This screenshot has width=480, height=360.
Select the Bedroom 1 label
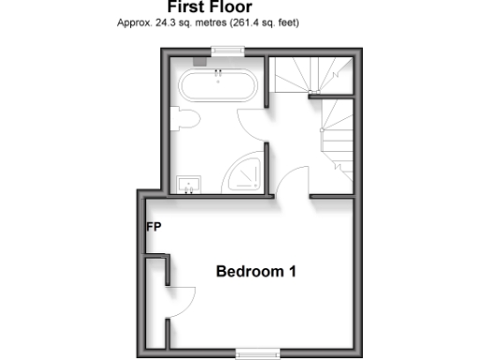256,273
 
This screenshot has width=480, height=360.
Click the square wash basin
188,184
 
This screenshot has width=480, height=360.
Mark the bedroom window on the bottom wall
257,353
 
